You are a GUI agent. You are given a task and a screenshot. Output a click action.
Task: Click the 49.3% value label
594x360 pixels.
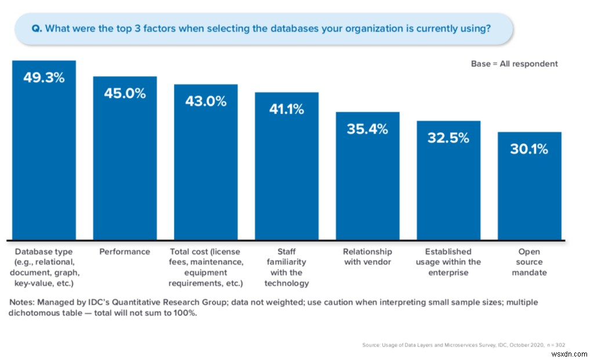44,78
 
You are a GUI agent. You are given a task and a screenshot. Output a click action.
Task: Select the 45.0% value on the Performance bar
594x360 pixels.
125,93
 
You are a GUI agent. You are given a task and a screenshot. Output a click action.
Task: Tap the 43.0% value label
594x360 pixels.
205,101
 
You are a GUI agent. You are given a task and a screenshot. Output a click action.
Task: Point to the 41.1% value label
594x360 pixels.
286,109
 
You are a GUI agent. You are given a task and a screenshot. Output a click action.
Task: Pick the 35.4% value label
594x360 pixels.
367,129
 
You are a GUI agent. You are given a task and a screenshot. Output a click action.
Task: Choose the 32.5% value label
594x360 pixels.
448,138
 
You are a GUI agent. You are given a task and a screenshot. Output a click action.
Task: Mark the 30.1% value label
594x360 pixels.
529,149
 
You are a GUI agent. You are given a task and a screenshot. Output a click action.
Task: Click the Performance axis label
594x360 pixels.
125,252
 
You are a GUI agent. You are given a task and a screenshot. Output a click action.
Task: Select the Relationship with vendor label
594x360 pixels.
367,257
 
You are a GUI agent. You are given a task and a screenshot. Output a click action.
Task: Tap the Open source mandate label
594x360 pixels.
529,262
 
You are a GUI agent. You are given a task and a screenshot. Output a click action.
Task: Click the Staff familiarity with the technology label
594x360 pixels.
287,267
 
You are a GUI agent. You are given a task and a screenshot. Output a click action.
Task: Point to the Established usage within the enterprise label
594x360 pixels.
448,262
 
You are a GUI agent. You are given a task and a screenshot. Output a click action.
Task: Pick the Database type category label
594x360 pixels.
44,267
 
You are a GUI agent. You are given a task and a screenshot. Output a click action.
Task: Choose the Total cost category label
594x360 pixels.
205,267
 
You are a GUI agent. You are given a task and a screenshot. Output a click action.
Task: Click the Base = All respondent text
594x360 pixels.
514,64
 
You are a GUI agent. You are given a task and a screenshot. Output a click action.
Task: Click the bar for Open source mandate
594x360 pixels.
529,197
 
